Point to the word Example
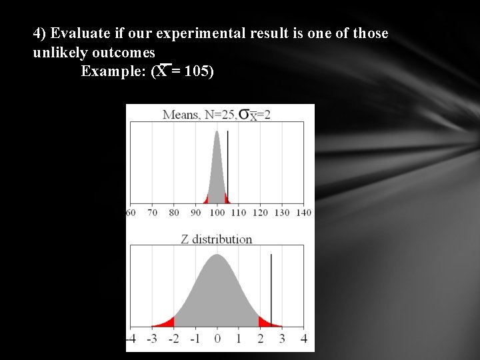110,71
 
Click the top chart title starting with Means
216,115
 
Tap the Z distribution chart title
217,239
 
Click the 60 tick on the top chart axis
131,213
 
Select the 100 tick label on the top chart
218,213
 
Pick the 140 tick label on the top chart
303,213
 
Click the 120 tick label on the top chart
261,213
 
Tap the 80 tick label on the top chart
174,213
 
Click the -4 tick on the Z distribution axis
131,339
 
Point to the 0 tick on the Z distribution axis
217,339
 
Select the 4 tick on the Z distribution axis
303,339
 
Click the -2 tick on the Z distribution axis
173,339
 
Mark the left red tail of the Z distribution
167,323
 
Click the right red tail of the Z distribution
266,323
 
